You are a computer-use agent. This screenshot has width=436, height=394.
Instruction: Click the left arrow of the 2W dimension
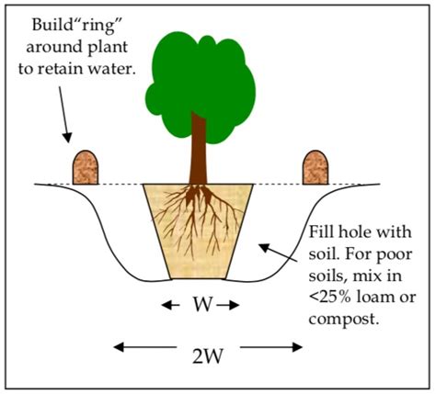tap(129, 346)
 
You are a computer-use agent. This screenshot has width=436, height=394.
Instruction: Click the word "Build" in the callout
tap(53, 22)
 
